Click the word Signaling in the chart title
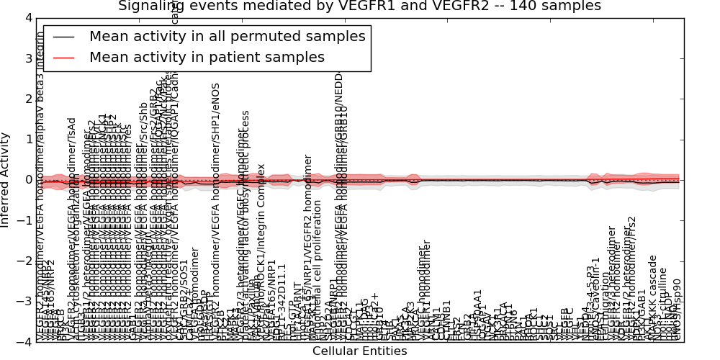[150, 6]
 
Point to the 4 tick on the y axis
[27, 17]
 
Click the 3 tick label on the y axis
[27, 58]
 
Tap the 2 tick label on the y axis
[27, 98]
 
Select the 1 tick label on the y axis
[27, 139]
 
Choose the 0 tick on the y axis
[27, 179]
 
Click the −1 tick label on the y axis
[24, 220]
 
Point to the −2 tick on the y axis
[24, 261]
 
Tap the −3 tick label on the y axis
[24, 302]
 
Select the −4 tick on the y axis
[24, 342]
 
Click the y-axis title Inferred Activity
[6, 179]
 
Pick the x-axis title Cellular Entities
[359, 351]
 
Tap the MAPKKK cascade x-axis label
[653, 299]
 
